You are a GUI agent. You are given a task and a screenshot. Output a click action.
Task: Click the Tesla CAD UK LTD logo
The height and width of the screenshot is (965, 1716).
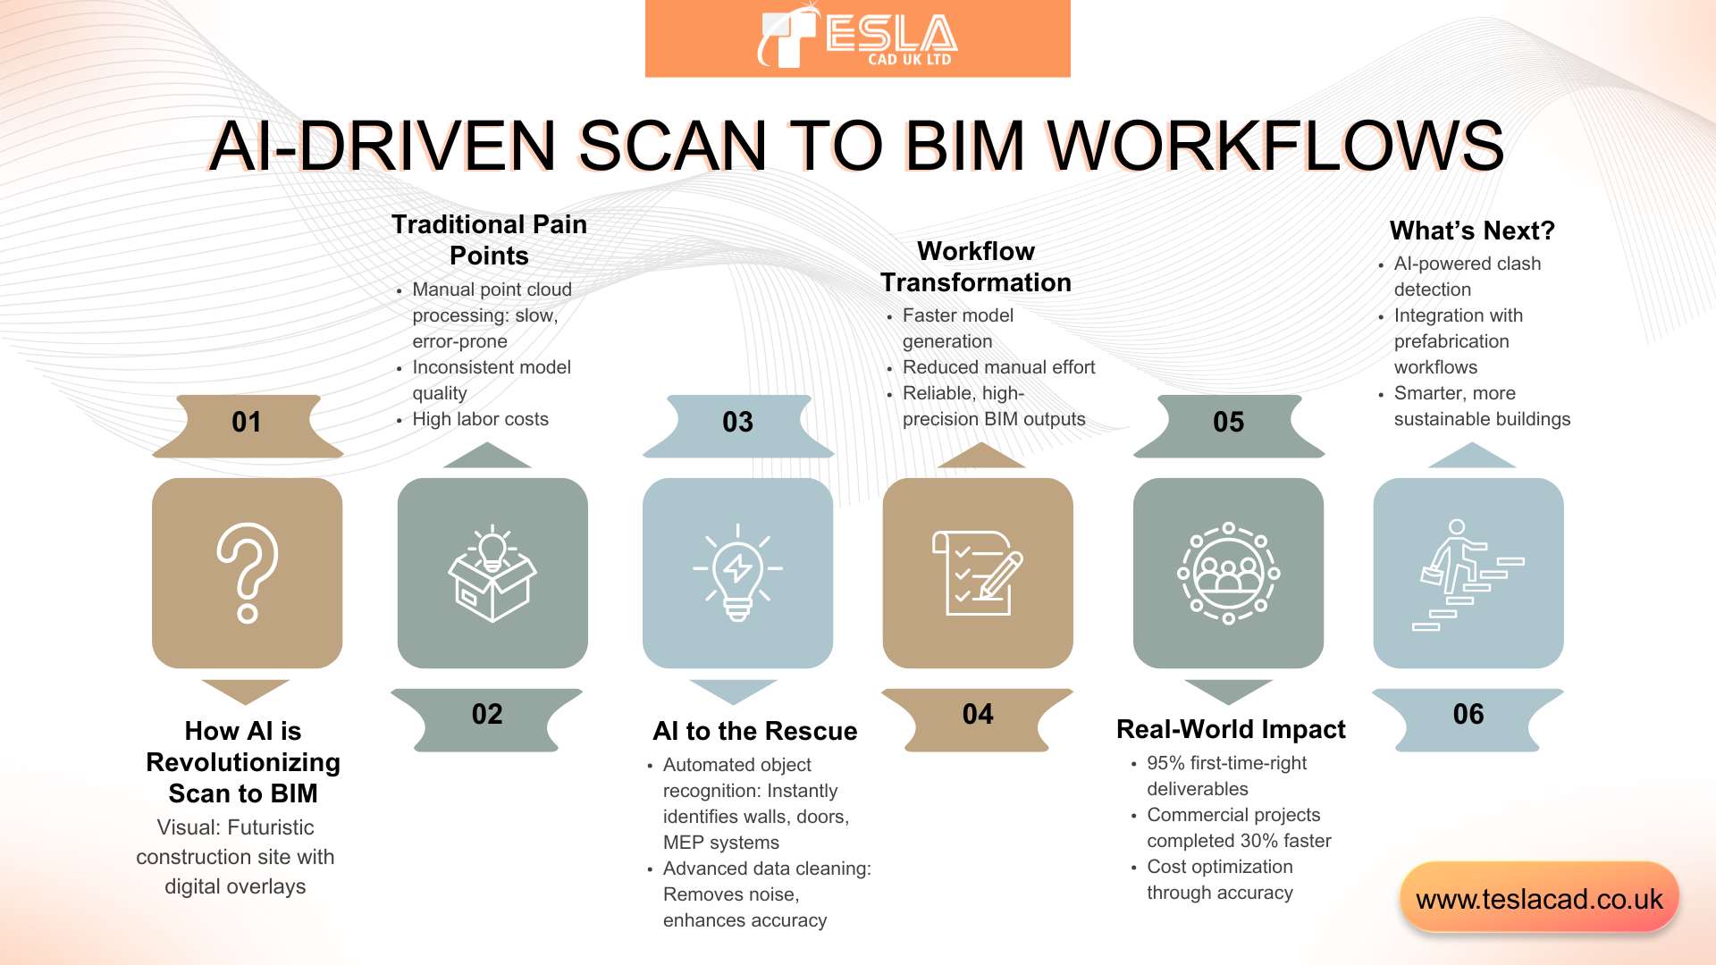click(x=857, y=38)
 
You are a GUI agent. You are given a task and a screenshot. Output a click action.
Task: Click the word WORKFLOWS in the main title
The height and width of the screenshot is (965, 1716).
click(x=1275, y=146)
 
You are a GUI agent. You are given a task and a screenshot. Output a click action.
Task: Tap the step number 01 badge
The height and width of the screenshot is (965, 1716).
click(x=247, y=423)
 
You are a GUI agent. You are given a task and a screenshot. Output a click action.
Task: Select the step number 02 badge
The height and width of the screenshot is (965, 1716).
click(x=487, y=715)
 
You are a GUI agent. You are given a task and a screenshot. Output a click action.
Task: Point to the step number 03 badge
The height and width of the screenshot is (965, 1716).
click(x=737, y=423)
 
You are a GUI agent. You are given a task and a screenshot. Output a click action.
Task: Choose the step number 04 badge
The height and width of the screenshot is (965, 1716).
click(x=978, y=715)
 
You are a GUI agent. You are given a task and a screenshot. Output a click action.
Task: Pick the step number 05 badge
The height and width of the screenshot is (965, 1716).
click(x=1228, y=423)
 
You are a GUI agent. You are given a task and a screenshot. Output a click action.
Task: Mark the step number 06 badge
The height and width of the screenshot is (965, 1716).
click(x=1468, y=715)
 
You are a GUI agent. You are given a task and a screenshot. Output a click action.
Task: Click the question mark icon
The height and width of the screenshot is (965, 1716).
click(x=247, y=573)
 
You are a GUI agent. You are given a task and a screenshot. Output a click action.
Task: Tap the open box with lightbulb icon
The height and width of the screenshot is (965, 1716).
click(x=492, y=573)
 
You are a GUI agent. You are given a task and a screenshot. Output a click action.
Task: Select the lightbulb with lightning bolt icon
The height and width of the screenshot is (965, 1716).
click(x=737, y=573)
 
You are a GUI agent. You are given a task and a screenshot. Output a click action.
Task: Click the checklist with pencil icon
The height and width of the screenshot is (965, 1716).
click(x=978, y=573)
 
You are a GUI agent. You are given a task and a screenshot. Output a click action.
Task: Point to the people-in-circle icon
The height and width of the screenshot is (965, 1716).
click(x=1228, y=573)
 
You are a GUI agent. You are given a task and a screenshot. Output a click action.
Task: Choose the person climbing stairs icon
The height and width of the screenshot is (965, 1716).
click(x=1468, y=573)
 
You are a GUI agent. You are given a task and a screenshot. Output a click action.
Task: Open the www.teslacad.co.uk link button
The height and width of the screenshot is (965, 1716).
click(x=1539, y=899)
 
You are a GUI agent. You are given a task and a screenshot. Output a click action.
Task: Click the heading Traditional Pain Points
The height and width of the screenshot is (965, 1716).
click(x=489, y=239)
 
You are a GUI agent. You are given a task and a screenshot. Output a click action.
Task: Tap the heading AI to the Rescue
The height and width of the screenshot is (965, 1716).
click(x=754, y=731)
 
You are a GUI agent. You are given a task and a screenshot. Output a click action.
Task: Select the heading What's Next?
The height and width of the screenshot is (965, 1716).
click(x=1472, y=231)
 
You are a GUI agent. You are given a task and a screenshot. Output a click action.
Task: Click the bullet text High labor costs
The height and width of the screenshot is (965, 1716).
click(x=480, y=419)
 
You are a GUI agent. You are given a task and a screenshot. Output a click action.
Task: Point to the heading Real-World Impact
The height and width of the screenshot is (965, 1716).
click(x=1231, y=729)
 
